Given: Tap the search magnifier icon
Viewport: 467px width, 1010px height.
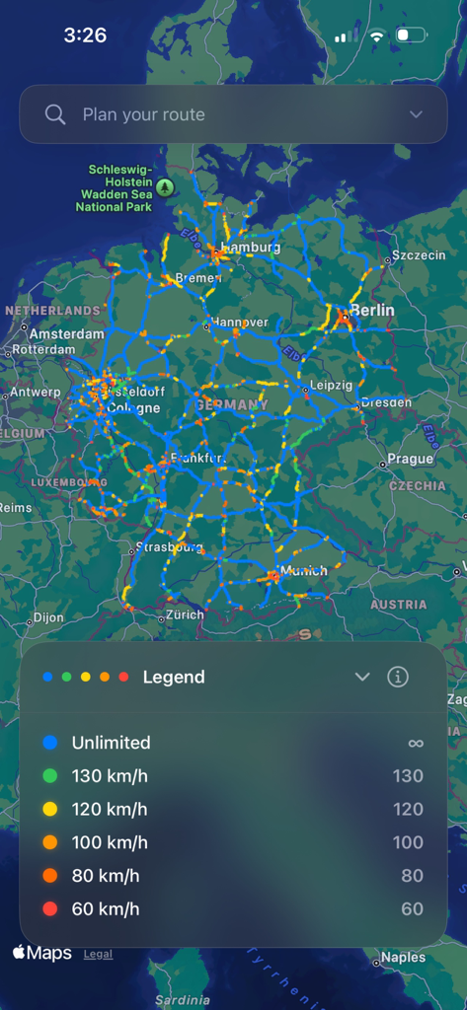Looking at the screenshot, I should pos(55,114).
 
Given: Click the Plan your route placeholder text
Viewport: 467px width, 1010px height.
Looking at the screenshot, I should pos(144,114).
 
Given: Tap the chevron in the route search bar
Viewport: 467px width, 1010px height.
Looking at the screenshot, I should pos(416,114).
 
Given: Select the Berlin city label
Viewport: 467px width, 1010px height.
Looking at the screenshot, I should pos(370,310).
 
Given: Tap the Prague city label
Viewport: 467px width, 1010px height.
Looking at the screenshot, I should pos(410,459).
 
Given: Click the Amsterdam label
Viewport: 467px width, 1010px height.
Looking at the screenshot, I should pos(66,333).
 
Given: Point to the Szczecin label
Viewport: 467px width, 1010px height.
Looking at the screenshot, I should pos(419,255).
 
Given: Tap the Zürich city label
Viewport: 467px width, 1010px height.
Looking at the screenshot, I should pos(185,614).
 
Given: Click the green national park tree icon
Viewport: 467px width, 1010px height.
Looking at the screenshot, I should pos(165,186).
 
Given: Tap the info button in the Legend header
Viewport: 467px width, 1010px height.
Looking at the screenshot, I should pos(398,677).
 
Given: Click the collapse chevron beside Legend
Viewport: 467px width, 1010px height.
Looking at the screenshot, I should pos(362,677).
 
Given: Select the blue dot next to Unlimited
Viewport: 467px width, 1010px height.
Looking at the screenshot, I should pos(50,743).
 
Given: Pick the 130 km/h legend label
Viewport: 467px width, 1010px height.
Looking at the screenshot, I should pos(110,776).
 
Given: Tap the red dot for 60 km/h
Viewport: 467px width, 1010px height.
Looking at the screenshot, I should pos(50,909).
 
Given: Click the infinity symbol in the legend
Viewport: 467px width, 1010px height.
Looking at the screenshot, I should pos(415,743).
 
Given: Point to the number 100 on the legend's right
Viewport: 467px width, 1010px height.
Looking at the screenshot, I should pos(408,842).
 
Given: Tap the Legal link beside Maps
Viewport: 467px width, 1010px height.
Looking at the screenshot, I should pos(98,954).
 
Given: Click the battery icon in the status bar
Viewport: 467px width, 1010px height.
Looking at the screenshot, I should pos(411,36).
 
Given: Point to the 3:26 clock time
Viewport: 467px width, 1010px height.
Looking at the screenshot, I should pos(85,36).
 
